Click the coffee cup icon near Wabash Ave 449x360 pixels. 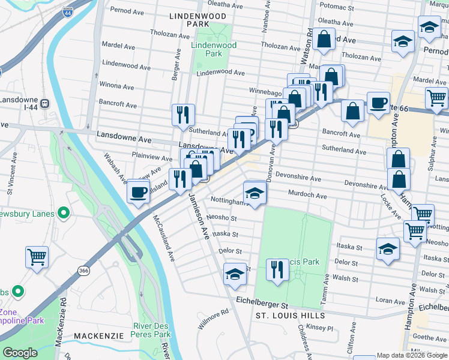pos(139,192)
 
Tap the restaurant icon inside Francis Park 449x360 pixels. pos(276,268)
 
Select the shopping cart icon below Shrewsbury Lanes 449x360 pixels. pos(37,257)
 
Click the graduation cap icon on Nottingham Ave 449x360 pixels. pos(255,194)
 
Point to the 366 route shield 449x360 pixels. pos(83,272)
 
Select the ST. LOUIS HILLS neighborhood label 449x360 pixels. pos(291,316)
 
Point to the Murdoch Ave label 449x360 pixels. pos(307,196)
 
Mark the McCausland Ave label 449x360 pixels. pos(163,238)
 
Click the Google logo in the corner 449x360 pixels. pos(20,352)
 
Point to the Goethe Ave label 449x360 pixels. pos(430,338)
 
